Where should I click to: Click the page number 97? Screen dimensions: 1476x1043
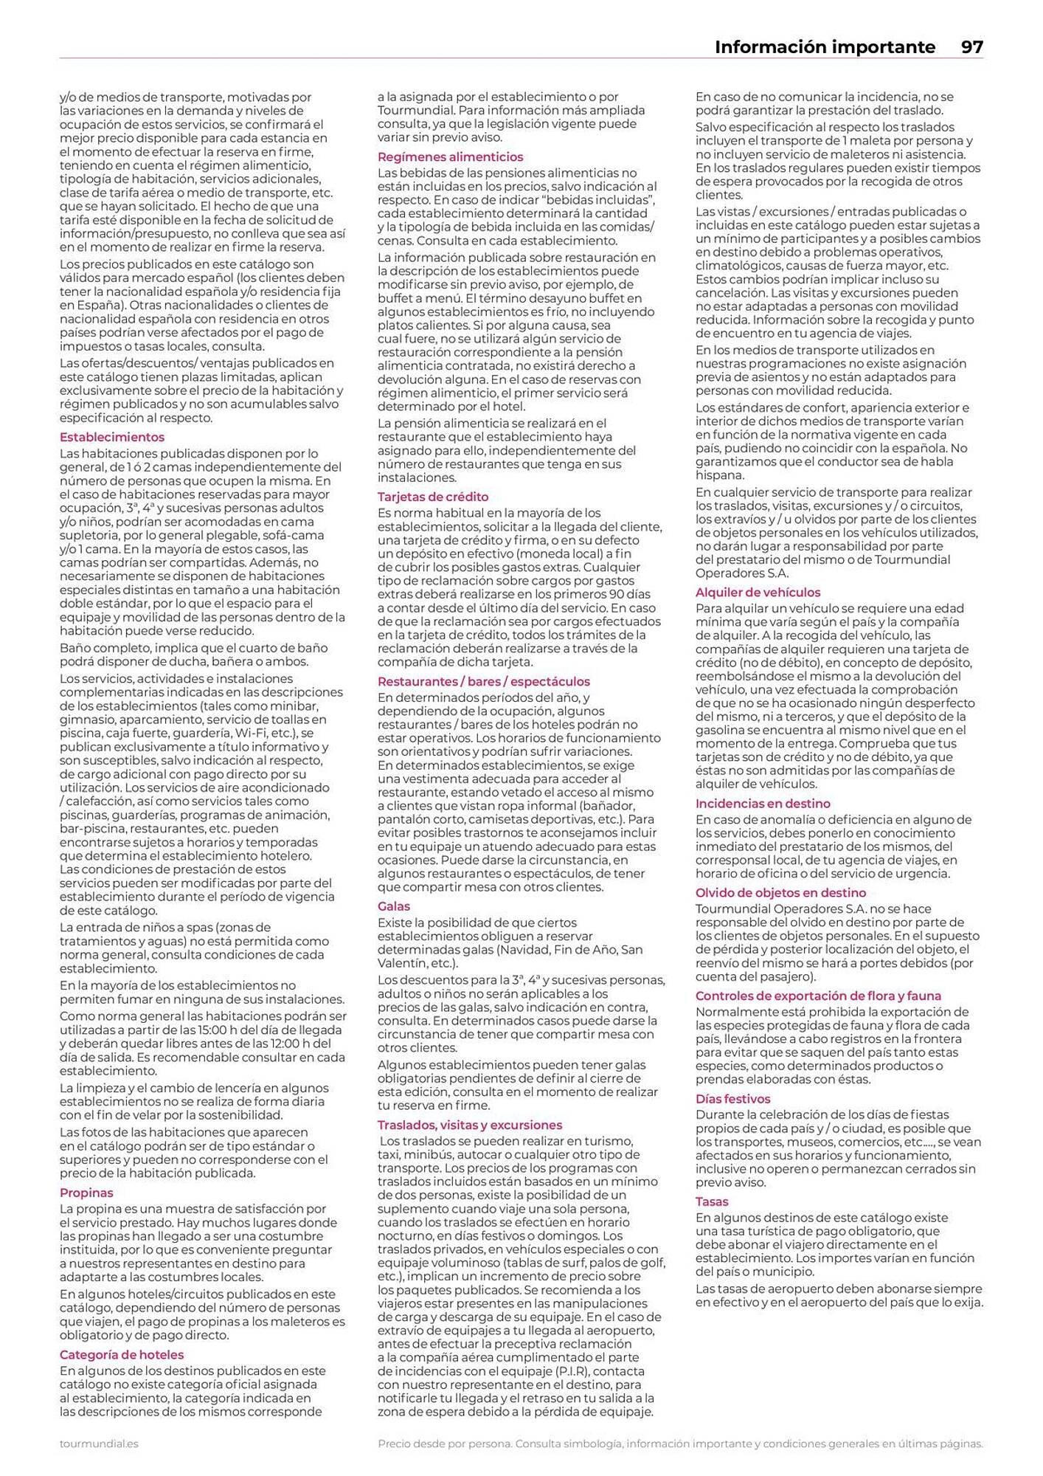click(971, 47)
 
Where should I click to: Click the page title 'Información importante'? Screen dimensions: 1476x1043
click(824, 47)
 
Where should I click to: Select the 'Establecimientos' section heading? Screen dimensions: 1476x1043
click(112, 438)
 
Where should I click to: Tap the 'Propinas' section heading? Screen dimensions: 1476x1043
click(86, 1193)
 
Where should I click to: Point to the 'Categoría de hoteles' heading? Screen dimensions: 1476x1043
click(122, 1355)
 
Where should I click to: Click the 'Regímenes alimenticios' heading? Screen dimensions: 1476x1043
click(450, 157)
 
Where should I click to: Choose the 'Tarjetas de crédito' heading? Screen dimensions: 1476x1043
click(433, 497)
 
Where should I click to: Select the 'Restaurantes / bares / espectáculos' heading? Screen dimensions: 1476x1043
click(484, 682)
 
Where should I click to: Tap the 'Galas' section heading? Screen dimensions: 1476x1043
click(393, 906)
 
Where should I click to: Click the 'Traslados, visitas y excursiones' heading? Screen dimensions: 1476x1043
click(470, 1125)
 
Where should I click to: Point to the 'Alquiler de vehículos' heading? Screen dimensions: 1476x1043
click(758, 593)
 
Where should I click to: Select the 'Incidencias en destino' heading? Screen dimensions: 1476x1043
click(763, 804)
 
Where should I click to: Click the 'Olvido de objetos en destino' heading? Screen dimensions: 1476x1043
click(780, 893)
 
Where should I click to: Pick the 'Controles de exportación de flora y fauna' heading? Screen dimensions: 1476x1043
click(818, 996)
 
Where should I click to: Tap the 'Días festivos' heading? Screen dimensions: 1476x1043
click(732, 1099)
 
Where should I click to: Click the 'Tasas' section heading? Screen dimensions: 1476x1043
click(712, 1201)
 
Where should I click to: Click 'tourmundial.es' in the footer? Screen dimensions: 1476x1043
click(99, 1444)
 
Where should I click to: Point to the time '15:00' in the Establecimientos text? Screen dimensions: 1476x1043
click(207, 1030)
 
